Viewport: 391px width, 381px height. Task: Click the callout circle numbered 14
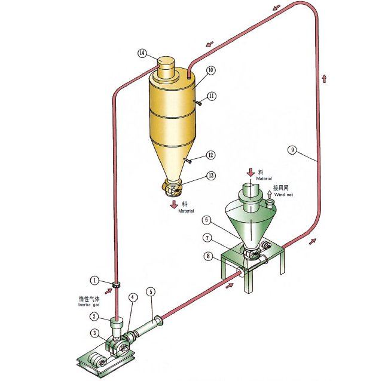pyautogui.click(x=142, y=53)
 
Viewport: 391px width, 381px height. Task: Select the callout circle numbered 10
pyautogui.click(x=210, y=70)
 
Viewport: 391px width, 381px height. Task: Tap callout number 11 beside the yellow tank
pyautogui.click(x=212, y=96)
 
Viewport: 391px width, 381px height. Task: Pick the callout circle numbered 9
pyautogui.click(x=293, y=150)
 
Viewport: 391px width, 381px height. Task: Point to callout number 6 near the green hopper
pyautogui.click(x=206, y=220)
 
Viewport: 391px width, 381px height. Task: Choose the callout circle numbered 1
pyautogui.click(x=94, y=281)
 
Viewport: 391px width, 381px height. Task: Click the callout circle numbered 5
pyautogui.click(x=151, y=292)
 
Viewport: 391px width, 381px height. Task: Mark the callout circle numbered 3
pyautogui.click(x=94, y=333)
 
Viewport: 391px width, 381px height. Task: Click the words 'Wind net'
pyautogui.click(x=283, y=195)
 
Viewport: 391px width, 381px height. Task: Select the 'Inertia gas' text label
pyautogui.click(x=88, y=305)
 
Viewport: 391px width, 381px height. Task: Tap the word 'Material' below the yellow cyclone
pyautogui.click(x=186, y=211)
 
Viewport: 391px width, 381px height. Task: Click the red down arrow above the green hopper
pyautogui.click(x=251, y=173)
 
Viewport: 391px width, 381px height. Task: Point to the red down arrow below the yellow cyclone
pyautogui.click(x=174, y=204)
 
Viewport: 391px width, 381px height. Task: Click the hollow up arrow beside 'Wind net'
pyautogui.click(x=269, y=194)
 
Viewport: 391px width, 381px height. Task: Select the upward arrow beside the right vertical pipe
pyautogui.click(x=324, y=78)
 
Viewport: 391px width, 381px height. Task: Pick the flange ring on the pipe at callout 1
pyautogui.click(x=115, y=285)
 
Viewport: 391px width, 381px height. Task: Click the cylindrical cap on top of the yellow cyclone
pyautogui.click(x=166, y=69)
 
